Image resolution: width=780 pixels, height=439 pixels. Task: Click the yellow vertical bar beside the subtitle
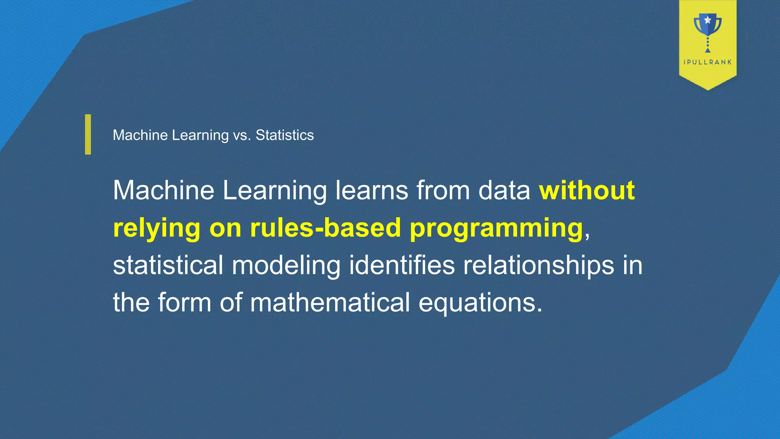pyautogui.click(x=88, y=135)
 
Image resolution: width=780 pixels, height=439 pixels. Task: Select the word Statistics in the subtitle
pyautogui.click(x=285, y=135)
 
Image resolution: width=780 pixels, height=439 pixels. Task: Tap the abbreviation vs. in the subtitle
pyautogui.click(x=242, y=135)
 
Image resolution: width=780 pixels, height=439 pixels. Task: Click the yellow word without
pyautogui.click(x=587, y=190)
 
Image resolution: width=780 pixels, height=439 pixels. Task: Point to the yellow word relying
pyautogui.click(x=157, y=228)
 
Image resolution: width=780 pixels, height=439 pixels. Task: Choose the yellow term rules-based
pyautogui.click(x=325, y=228)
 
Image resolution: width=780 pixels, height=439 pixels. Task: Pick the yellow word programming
pyautogui.click(x=496, y=228)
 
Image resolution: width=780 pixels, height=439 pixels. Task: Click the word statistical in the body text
pyautogui.click(x=168, y=265)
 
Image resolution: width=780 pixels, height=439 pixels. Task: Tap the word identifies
pyautogui.click(x=402, y=265)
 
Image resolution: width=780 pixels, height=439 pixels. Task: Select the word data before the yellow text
pyautogui.click(x=504, y=190)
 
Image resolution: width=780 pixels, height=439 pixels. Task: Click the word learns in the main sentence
pyautogui.click(x=372, y=190)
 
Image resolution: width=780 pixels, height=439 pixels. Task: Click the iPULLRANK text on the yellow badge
pyautogui.click(x=708, y=62)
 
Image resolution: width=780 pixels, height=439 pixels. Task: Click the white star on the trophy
pyautogui.click(x=708, y=19)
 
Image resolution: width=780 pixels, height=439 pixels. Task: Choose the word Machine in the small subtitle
pyautogui.click(x=140, y=135)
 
